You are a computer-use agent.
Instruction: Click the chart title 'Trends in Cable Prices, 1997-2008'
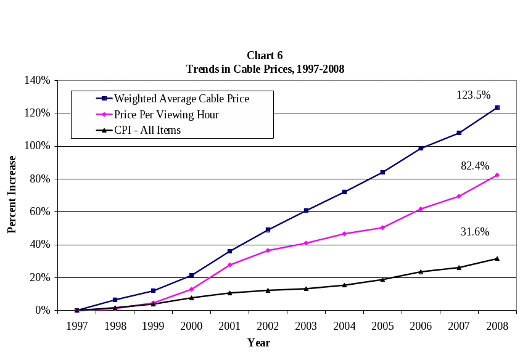click(265, 69)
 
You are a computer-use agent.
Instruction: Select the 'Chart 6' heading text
click(265, 56)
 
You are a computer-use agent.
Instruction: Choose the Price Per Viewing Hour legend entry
click(166, 115)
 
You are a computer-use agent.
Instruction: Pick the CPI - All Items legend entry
click(147, 130)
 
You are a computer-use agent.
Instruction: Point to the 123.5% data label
click(473, 95)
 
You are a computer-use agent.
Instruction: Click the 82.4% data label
click(475, 166)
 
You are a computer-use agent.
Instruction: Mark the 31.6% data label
click(475, 232)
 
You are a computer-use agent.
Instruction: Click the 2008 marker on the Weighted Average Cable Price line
click(497, 108)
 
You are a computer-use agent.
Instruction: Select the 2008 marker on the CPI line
click(497, 259)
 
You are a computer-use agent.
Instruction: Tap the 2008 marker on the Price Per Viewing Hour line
click(497, 175)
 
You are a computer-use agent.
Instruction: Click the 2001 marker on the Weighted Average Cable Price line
click(229, 252)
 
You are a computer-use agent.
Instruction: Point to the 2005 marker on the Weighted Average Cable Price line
click(382, 173)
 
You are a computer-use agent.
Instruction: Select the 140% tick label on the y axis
click(38, 80)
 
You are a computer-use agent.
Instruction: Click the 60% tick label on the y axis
click(41, 212)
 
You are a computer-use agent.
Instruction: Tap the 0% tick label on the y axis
click(43, 311)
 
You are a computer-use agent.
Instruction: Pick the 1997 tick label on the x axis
click(77, 326)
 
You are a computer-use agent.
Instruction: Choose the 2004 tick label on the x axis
click(344, 326)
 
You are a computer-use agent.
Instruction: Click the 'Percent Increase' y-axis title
click(12, 194)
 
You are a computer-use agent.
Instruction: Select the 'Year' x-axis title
click(258, 343)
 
